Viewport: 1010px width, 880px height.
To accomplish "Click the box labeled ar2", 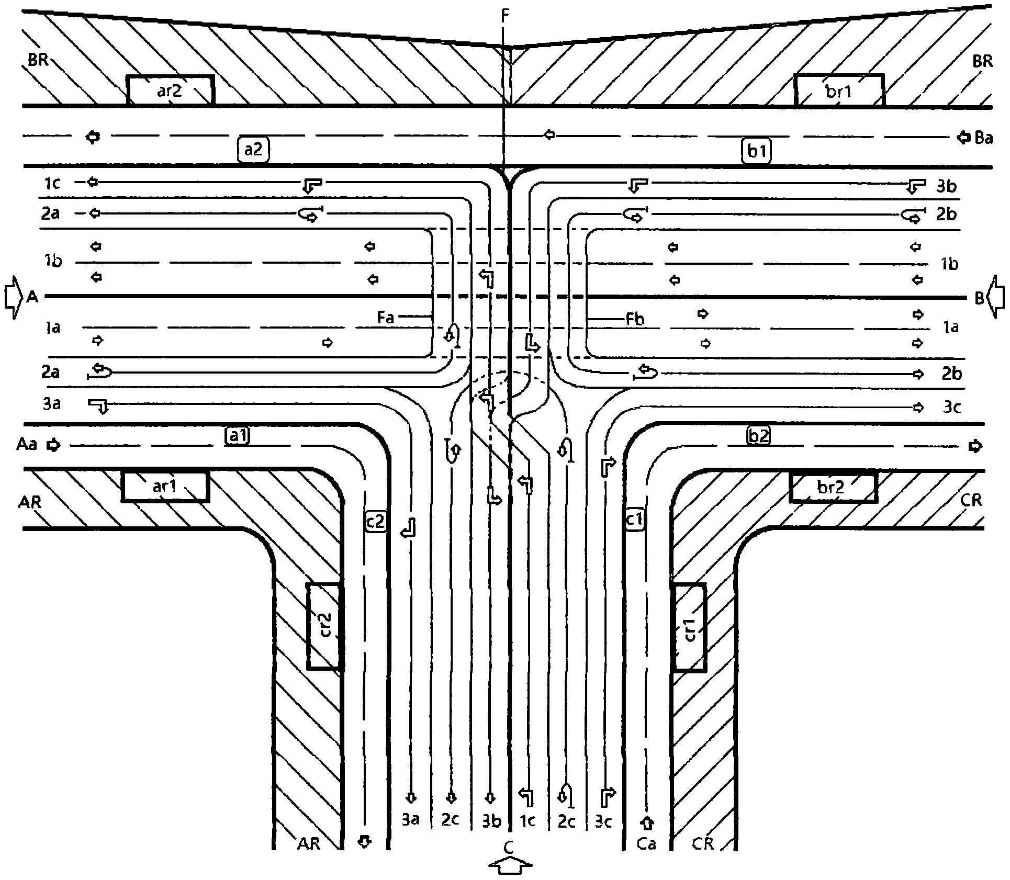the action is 171,91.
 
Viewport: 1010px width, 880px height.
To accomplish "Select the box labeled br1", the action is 839,91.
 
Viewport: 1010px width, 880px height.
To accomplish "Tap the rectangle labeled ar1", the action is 165,486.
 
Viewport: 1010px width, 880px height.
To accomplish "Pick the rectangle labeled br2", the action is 833,486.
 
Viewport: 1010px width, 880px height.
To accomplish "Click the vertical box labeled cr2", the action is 324,626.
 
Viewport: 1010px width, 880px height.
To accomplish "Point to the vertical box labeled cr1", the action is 689,627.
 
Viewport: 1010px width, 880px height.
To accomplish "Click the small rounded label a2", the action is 253,150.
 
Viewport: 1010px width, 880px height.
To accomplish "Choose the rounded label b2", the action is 759,435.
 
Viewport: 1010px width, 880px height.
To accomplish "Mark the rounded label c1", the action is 635,520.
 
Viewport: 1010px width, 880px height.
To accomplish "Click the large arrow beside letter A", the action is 13,297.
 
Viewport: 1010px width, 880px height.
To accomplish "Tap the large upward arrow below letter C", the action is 511,864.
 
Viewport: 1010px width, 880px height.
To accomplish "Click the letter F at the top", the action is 504,16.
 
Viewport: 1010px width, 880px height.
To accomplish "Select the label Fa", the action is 385,318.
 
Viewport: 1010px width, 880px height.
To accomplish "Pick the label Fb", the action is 635,319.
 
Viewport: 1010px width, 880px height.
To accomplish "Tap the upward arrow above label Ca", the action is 647,823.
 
